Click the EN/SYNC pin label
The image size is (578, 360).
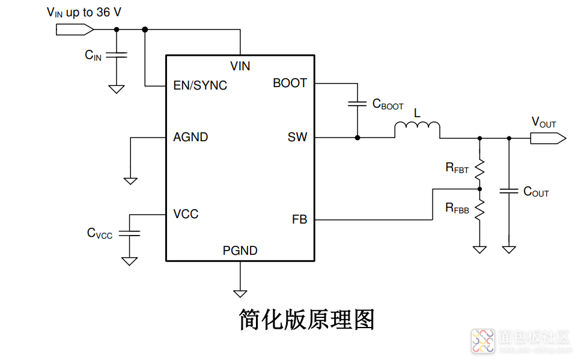(x=200, y=85)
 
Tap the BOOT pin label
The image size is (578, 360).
(x=290, y=83)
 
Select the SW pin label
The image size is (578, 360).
(x=297, y=137)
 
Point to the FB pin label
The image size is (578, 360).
(x=299, y=219)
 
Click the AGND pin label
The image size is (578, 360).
(x=190, y=137)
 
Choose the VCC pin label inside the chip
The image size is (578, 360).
(x=186, y=214)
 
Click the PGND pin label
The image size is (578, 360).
(x=240, y=251)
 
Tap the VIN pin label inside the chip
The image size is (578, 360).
(x=240, y=66)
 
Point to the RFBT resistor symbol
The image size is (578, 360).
(x=479, y=169)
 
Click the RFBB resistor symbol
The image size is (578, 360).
(x=479, y=209)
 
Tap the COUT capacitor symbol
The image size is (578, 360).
(x=509, y=191)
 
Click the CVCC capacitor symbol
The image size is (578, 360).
(x=129, y=233)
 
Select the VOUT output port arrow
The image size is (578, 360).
(x=547, y=138)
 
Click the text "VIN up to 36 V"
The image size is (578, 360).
(x=84, y=12)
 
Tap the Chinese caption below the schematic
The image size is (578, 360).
(x=306, y=319)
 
